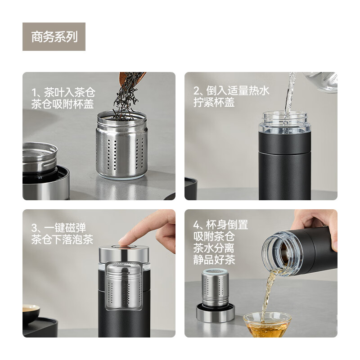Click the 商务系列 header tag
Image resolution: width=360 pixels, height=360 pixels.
click(x=54, y=37)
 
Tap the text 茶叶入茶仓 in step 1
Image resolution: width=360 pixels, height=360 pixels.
click(x=69, y=93)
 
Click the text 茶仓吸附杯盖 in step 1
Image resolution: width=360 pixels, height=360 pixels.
click(x=63, y=104)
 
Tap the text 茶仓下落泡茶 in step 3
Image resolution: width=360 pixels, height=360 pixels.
click(x=63, y=239)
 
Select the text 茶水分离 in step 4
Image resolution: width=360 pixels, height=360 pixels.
click(x=214, y=248)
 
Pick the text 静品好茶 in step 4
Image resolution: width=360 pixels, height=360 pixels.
click(x=214, y=260)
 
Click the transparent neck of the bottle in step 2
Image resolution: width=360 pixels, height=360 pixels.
click(x=285, y=122)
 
